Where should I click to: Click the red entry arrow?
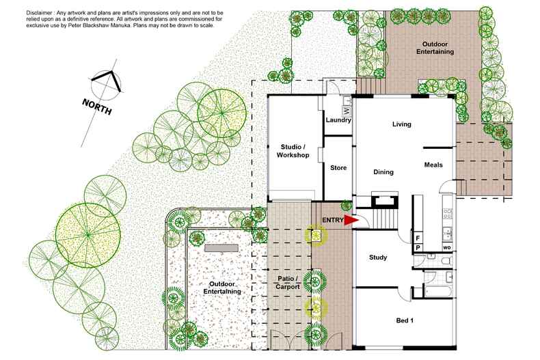tap(350, 221)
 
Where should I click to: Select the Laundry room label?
tap(338, 121)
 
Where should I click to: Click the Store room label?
tap(338, 168)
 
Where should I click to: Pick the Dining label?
tap(383, 172)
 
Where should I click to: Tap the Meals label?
tap(433, 165)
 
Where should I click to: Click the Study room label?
tap(377, 258)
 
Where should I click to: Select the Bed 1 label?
tap(406, 320)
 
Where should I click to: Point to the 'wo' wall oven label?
tap(446, 247)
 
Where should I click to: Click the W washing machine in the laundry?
tap(346, 110)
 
